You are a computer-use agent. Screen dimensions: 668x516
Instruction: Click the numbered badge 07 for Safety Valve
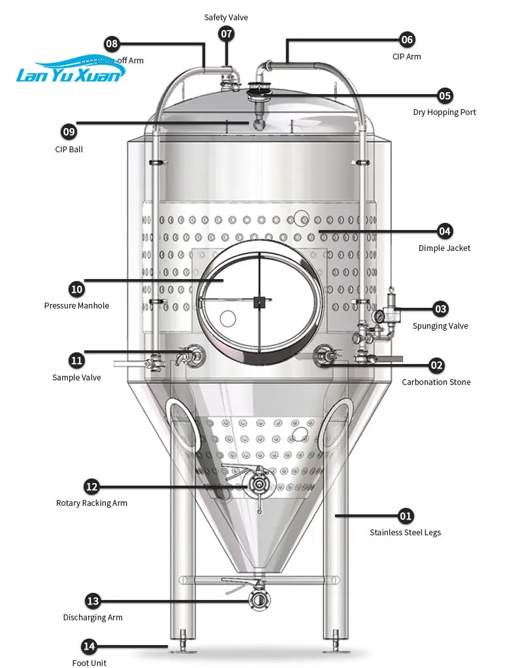point(226,33)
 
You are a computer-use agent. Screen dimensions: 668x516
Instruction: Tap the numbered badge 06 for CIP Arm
point(407,40)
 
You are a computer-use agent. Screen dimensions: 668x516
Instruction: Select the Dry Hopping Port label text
point(444,112)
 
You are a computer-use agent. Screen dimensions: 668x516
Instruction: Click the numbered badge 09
point(69,132)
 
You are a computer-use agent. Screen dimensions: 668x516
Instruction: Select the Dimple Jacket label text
point(444,248)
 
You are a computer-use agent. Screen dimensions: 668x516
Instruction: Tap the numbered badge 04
point(445,231)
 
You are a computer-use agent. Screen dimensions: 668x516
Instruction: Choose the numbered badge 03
point(441,309)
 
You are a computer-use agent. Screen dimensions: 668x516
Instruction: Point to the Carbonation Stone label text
point(436,382)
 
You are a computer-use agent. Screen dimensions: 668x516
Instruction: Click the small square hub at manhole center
point(259,301)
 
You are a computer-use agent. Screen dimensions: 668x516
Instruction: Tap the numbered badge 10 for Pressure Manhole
point(76,288)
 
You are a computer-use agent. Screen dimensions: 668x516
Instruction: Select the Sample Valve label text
point(76,378)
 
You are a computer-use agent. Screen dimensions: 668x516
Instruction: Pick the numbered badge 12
point(91,486)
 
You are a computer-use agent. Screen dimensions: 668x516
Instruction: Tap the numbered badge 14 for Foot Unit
point(89,646)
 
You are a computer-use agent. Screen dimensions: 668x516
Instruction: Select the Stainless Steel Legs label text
point(405,533)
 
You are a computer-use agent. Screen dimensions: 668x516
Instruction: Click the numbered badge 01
point(406,516)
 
